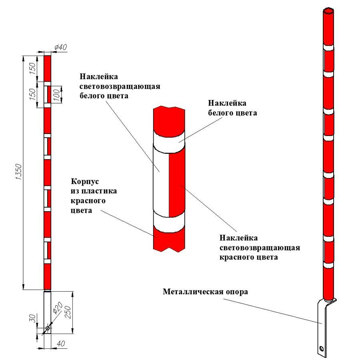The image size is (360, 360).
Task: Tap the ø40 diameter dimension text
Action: (60, 47)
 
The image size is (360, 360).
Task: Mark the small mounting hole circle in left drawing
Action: (47, 328)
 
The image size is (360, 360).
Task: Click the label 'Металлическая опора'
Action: (205, 291)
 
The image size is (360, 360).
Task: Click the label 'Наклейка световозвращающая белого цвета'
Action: (120, 86)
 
